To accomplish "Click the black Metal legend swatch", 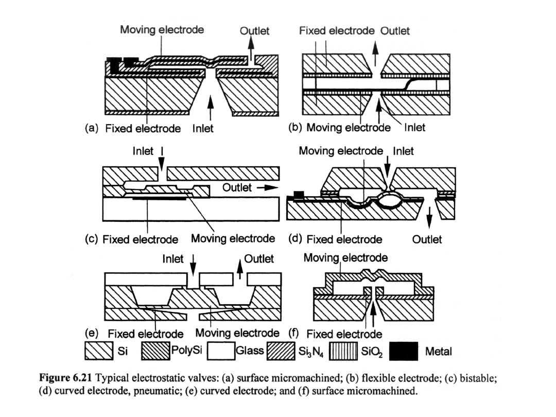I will [404, 351].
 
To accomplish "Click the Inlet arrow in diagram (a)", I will [210, 108].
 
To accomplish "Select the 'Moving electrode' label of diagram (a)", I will [162, 30].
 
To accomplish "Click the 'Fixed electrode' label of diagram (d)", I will [344, 239].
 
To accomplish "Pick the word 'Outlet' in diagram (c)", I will [237, 187].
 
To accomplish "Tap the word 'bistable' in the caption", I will [478, 378].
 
